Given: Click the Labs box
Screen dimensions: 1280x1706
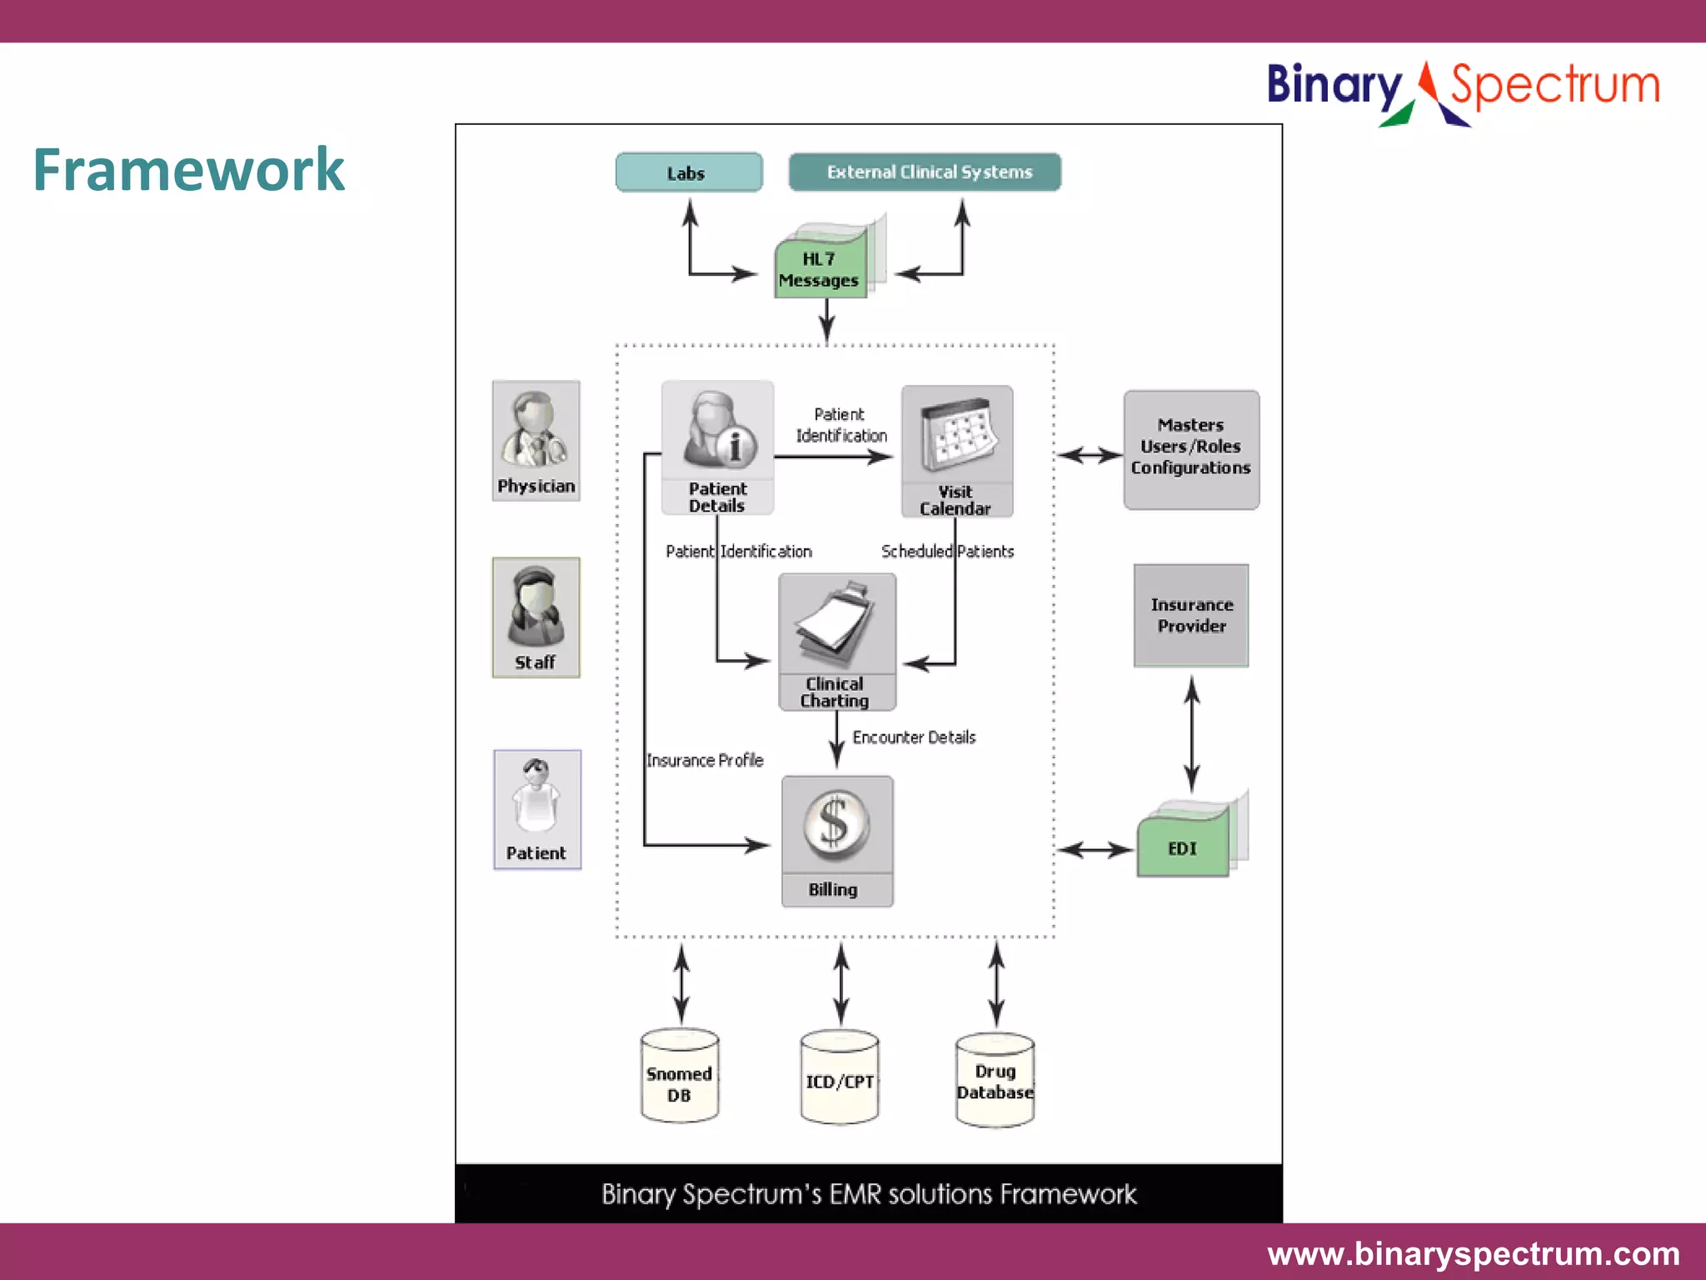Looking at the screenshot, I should tap(689, 172).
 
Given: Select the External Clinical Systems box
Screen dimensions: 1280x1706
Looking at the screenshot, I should tap(925, 172).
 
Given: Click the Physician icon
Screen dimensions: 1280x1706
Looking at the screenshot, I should tap(536, 440).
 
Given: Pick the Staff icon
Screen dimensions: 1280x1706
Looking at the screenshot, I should tap(536, 617).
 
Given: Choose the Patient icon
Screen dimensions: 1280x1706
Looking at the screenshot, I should tap(536, 808).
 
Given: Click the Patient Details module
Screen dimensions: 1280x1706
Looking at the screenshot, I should tap(717, 447).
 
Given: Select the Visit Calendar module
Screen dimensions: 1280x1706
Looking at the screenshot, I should tap(956, 450).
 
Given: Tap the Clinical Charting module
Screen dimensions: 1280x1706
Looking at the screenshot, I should tap(836, 641).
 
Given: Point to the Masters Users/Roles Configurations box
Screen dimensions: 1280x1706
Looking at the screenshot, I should tap(1190, 449).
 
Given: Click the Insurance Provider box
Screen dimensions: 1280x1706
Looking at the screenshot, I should tap(1190, 615).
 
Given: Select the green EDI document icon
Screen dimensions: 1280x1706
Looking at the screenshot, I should tap(1183, 843).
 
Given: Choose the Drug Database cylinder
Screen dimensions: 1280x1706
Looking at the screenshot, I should tap(995, 1080).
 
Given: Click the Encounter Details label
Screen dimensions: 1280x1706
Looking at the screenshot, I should tap(913, 737).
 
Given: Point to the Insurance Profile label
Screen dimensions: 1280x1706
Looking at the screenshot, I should tap(705, 760).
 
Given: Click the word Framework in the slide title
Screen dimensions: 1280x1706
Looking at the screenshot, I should tap(188, 170).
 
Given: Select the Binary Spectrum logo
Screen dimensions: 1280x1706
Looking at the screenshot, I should tap(1463, 90).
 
